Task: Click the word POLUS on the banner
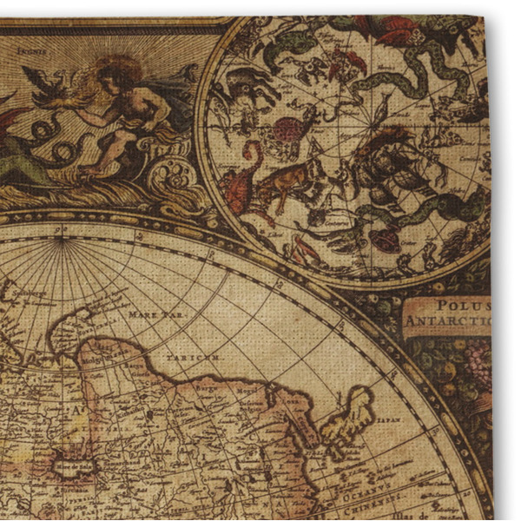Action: coord(461,306)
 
